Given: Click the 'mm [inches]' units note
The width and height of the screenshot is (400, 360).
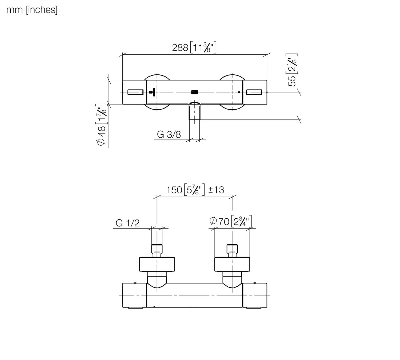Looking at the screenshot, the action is tap(32, 10).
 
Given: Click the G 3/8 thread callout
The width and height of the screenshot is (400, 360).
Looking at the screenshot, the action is tap(169, 134).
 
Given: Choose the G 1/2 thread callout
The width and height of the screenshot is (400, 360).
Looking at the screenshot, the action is tap(127, 223).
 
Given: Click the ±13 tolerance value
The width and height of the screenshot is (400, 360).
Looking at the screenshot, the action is tap(216, 190).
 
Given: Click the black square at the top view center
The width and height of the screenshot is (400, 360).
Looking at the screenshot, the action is tap(194, 92).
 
